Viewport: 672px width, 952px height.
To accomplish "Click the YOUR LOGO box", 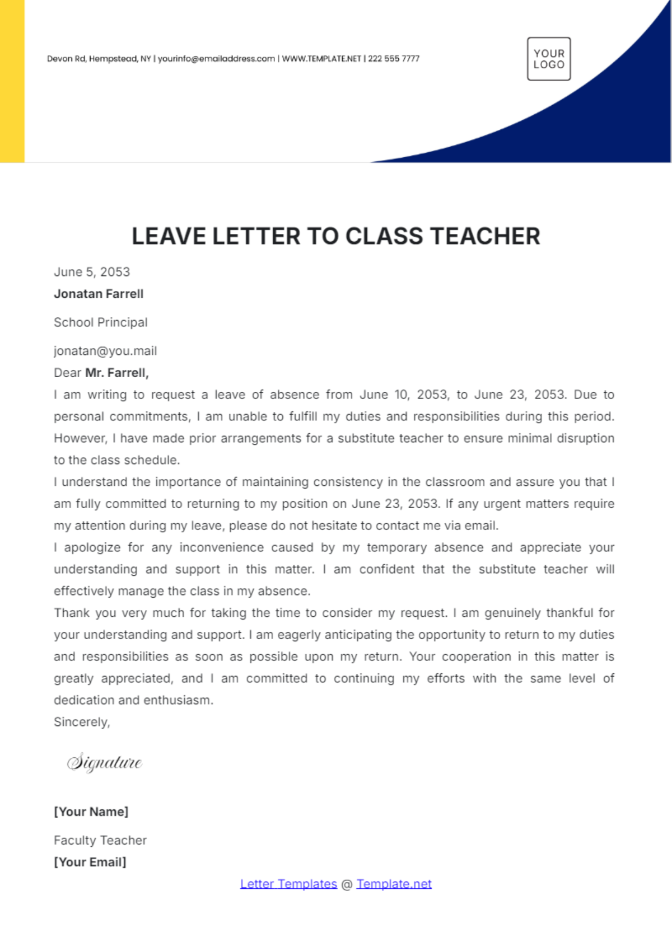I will pos(549,59).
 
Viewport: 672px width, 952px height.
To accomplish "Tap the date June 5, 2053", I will pos(92,272).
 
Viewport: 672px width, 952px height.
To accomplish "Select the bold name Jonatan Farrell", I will pos(99,294).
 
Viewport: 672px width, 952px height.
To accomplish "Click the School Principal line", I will pos(101,322).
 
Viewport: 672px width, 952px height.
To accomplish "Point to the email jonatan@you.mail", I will pos(105,351).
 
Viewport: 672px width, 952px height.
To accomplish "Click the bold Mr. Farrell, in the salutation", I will pos(117,373).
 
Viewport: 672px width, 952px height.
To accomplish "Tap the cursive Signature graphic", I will pos(105,762).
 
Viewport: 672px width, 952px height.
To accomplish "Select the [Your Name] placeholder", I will pos(91,812).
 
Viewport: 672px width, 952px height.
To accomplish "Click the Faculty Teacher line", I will pos(100,840).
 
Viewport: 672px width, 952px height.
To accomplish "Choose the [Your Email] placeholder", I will pos(90,862).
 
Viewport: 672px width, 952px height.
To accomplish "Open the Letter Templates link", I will pos(288,884).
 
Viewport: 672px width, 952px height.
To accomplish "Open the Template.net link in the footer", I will pos(394,884).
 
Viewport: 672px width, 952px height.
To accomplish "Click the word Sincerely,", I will pos(82,722).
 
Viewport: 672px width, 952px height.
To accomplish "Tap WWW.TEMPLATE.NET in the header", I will pos(321,59).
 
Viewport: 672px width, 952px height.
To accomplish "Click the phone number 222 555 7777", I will pos(394,59).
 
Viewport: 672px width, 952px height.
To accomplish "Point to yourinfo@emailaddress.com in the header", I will pos(216,59).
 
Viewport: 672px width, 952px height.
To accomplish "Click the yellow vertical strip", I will pos(12,81).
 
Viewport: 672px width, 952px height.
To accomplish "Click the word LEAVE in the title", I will pos(169,236).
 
